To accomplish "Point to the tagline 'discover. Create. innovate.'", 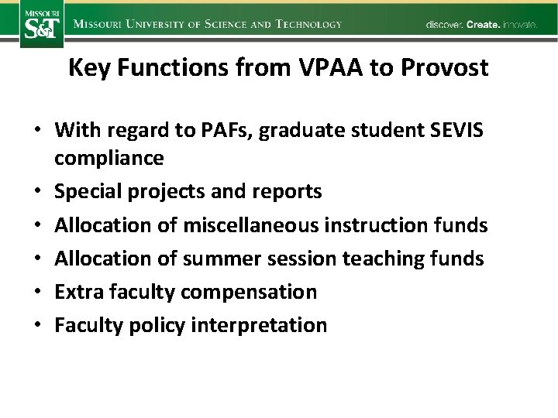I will click(x=480, y=25).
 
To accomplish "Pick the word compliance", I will click(x=109, y=159).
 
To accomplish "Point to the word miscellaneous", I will click(x=263, y=225).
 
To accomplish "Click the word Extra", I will click(x=76, y=292).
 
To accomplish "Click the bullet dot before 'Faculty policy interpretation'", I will click(x=37, y=325).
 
